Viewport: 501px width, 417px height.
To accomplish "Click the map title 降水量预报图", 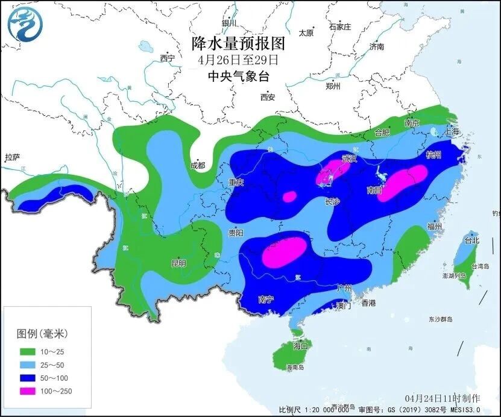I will pyautogui.click(x=238, y=44).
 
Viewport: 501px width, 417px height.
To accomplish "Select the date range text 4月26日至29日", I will pyautogui.click(x=238, y=60).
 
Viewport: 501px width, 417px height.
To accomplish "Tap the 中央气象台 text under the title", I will pyautogui.click(x=238, y=76).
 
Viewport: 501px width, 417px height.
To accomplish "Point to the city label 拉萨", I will pyautogui.click(x=13, y=158).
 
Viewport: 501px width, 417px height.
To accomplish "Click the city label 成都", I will pyautogui.click(x=197, y=165).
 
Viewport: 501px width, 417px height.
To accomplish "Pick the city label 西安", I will pyautogui.click(x=268, y=97).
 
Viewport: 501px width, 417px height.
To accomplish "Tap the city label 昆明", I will pyautogui.click(x=179, y=263).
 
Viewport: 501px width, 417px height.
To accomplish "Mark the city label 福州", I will pyautogui.click(x=434, y=227).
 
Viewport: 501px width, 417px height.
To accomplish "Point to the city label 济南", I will pyautogui.click(x=377, y=46).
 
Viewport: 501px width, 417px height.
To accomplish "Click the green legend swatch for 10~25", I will pyautogui.click(x=28, y=351).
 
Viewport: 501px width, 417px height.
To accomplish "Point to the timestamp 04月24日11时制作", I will pyautogui.click(x=443, y=398).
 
